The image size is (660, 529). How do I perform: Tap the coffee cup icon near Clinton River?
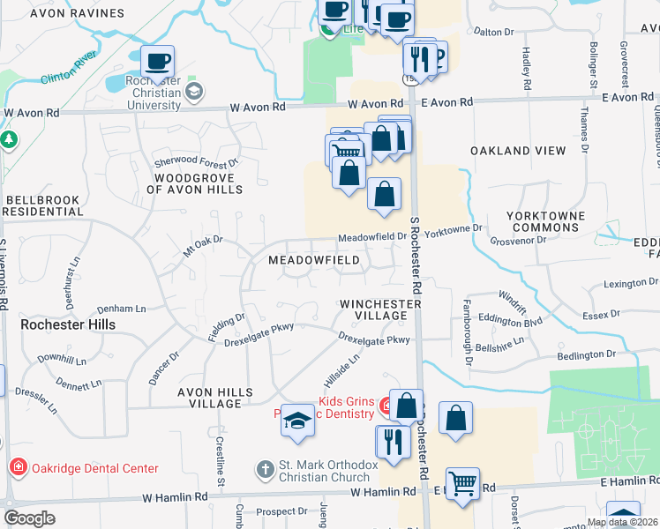[x=158, y=62]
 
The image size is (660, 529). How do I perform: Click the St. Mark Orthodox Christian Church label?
[x=317, y=472]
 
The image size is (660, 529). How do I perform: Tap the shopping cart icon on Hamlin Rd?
[x=462, y=484]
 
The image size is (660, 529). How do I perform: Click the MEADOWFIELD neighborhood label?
[x=314, y=260]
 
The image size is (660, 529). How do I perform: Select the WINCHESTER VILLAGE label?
[x=380, y=309]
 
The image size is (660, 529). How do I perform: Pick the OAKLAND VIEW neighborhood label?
[x=518, y=151]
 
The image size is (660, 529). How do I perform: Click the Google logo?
[x=29, y=518]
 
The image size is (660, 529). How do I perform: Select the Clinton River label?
[x=68, y=72]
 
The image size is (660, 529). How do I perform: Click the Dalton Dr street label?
[x=493, y=32]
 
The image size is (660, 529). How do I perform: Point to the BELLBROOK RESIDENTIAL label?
[x=43, y=205]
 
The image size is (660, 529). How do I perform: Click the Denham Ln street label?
[x=122, y=309]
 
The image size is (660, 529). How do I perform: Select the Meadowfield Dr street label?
[x=372, y=237]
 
